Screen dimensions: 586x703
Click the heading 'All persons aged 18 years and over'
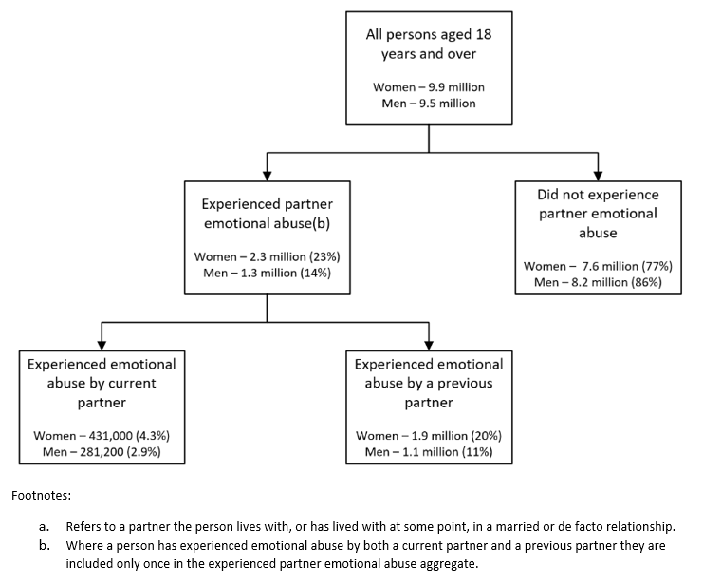429,45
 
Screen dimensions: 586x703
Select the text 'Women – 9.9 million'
429,87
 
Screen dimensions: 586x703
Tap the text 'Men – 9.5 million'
429,103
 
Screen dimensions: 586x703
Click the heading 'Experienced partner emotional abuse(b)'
267,214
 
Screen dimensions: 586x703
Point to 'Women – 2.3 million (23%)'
267,256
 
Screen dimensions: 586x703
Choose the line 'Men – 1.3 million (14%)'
267,273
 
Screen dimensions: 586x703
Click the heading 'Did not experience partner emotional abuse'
598,213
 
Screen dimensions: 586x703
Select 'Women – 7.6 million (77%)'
598,266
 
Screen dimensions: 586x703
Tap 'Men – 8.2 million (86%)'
598,282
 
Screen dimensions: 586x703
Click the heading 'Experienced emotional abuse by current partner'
102,383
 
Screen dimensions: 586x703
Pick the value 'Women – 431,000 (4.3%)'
102,435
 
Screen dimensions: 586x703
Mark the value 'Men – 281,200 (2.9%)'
102,451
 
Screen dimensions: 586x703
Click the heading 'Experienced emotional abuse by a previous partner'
429,383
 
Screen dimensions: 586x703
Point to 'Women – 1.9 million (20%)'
429,435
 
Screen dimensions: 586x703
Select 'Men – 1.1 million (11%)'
429,451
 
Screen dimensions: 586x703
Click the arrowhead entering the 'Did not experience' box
598,174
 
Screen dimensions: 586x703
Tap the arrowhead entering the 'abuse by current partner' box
102,344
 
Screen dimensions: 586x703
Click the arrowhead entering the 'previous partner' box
429,344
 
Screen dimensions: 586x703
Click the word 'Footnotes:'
42,495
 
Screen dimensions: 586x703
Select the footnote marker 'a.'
44,526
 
